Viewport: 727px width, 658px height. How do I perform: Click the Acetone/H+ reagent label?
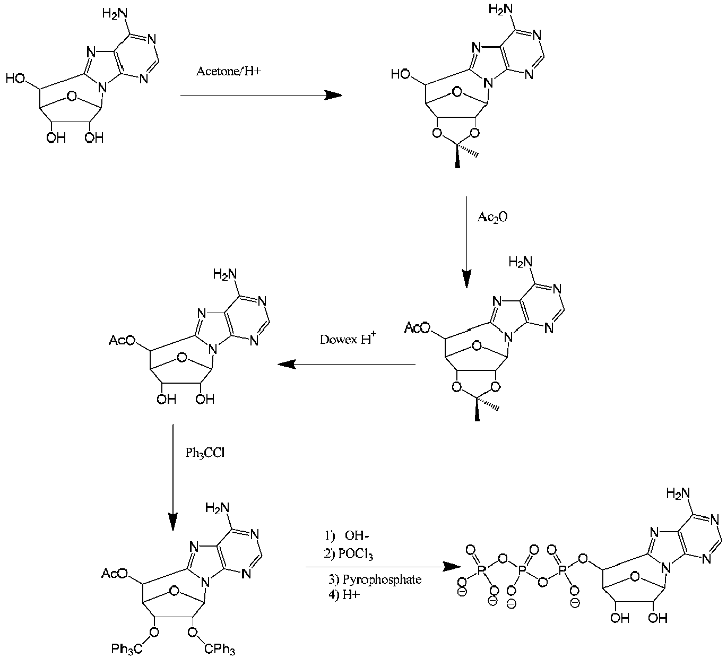pyautogui.click(x=229, y=71)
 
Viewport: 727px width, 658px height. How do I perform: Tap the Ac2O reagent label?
pyautogui.click(x=492, y=217)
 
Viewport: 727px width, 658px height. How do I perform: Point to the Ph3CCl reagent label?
pyautogui.click(x=205, y=453)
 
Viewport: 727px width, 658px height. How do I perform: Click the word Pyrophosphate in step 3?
pyautogui.click(x=382, y=579)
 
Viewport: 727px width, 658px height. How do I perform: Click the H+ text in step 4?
pyautogui.click(x=351, y=595)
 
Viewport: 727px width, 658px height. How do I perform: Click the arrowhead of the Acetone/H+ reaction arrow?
pyautogui.click(x=333, y=96)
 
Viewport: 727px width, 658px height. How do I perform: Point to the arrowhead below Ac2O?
pyautogui.click(x=466, y=279)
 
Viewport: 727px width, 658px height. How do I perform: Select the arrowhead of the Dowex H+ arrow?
pyautogui.click(x=287, y=364)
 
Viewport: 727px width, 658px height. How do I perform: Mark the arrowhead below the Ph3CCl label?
pyautogui.click(x=173, y=521)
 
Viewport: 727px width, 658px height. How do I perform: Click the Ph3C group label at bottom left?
pyautogui.click(x=127, y=648)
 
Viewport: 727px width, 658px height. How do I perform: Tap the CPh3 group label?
pyautogui.click(x=220, y=649)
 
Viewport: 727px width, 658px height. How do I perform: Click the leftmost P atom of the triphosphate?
pyautogui.click(x=481, y=572)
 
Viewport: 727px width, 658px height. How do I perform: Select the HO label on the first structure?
pyautogui.click(x=15, y=78)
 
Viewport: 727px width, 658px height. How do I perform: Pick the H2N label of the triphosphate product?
pyautogui.click(x=678, y=494)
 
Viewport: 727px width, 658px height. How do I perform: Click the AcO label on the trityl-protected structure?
pyautogui.click(x=115, y=573)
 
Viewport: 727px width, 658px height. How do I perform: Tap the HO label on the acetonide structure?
pyautogui.click(x=401, y=74)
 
